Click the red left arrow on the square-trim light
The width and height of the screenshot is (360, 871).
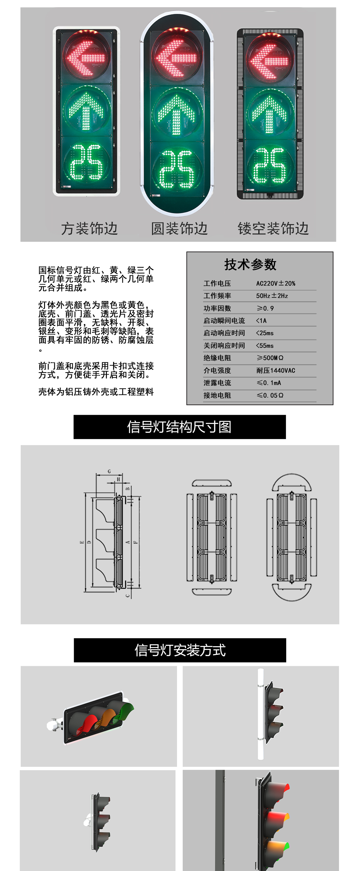[86, 58]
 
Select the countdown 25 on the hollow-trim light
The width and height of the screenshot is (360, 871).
[269, 165]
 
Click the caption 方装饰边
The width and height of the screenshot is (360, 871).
[89, 229]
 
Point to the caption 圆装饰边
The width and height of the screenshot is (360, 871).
[179, 229]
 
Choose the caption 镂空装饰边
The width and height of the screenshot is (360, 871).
[273, 229]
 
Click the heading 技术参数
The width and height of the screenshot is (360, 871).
[250, 264]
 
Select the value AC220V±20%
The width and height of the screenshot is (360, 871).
[275, 283]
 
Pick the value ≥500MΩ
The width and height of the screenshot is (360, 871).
[270, 358]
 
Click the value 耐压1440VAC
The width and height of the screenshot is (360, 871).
[275, 370]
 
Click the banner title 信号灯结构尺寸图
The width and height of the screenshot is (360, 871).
[179, 427]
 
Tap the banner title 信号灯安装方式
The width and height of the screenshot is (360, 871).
[180, 650]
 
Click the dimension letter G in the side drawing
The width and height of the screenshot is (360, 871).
[109, 471]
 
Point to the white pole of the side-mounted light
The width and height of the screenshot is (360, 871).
[260, 713]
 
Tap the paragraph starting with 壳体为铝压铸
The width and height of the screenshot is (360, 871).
[96, 392]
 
